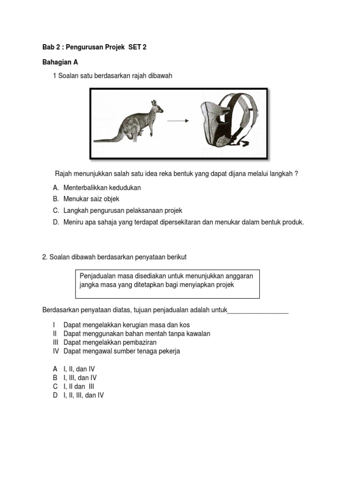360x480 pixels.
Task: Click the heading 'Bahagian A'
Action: tap(60, 62)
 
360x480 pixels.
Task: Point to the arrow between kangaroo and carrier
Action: tap(178, 121)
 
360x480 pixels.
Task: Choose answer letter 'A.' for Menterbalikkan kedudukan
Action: tap(56, 187)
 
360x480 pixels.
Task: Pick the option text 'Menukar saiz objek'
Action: tap(92, 199)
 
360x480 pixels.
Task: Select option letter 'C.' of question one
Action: tap(56, 210)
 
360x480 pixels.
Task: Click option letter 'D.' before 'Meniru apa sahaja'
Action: tap(56, 222)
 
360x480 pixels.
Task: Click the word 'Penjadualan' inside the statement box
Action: tap(97, 276)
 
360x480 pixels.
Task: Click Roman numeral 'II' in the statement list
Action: tap(55, 334)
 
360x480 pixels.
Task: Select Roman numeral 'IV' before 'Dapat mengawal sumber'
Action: tap(55, 351)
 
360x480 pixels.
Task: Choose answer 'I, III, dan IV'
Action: tap(80, 378)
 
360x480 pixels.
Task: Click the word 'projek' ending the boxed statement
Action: tap(224, 285)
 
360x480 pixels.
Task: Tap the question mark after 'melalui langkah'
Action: tap(296, 173)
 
